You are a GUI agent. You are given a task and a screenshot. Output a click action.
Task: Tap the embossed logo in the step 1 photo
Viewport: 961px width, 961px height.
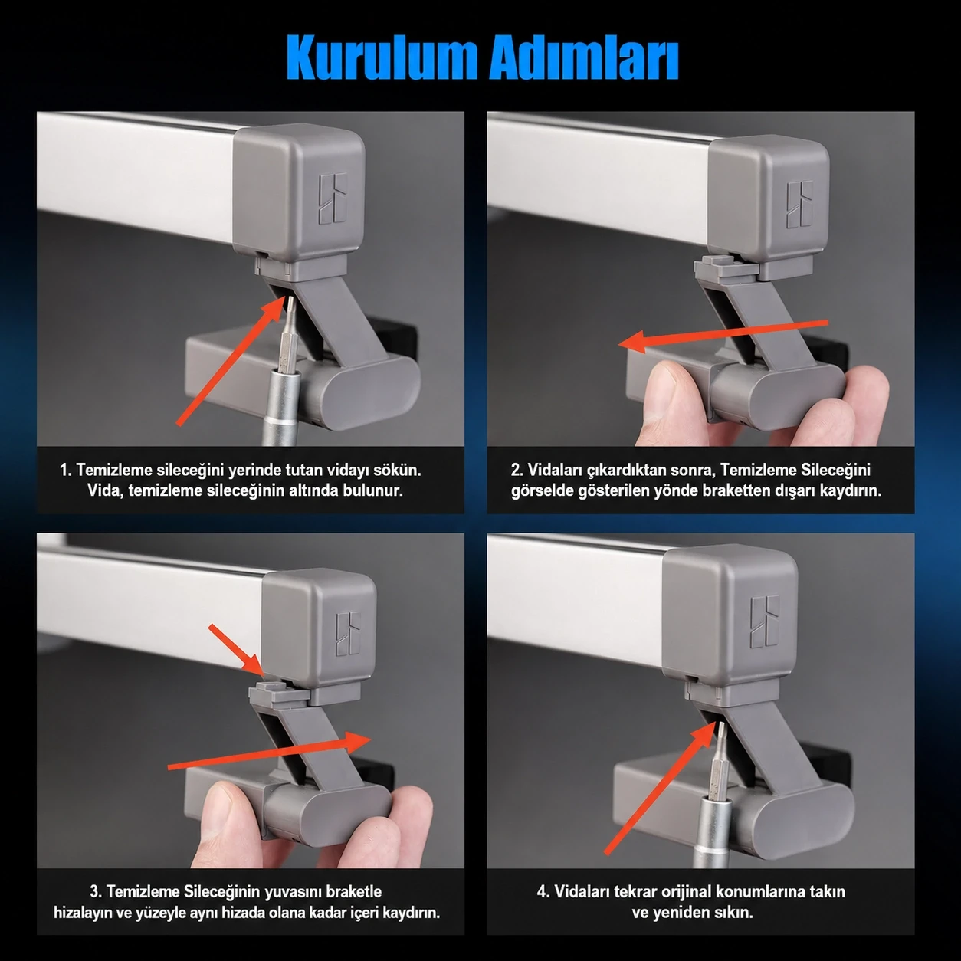coord(333,198)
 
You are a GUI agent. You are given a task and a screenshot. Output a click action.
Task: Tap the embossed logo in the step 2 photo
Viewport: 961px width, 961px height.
coord(799,205)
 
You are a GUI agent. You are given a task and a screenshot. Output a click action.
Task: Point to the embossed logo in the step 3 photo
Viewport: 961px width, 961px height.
coord(348,633)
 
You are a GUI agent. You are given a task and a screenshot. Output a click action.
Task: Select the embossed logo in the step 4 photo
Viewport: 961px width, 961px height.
coord(765,621)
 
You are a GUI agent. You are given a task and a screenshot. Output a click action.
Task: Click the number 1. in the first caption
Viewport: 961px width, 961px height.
coord(66,470)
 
